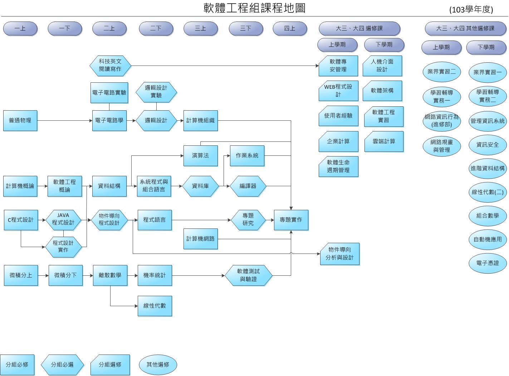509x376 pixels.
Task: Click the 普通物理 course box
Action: point(20,121)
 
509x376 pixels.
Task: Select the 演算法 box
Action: point(200,156)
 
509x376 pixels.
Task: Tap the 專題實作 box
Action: point(291,220)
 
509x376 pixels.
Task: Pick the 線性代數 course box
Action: point(155,306)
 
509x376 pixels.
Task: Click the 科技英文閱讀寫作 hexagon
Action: point(110,66)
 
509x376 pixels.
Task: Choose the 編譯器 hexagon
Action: point(248,186)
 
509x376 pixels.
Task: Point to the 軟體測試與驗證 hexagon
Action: point(248,275)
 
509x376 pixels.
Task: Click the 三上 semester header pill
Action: point(200,29)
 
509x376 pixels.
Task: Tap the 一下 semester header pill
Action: point(65,29)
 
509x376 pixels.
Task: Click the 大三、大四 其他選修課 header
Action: point(465,29)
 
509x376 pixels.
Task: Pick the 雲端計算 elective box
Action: point(384,141)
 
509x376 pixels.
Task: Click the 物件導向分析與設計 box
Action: point(339,254)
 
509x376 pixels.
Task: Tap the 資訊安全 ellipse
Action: point(487,145)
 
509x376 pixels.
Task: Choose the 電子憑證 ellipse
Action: point(487,263)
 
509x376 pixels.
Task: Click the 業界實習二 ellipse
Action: point(441,72)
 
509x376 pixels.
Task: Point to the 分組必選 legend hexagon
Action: point(62,365)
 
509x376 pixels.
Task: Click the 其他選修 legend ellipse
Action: point(158,365)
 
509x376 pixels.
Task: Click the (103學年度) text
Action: point(471,10)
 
